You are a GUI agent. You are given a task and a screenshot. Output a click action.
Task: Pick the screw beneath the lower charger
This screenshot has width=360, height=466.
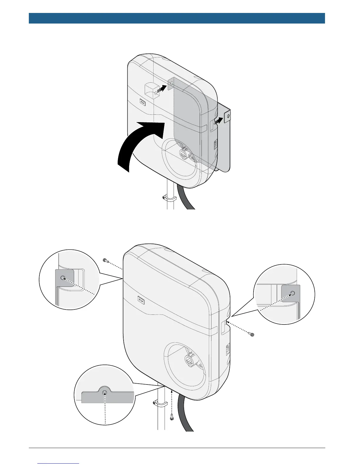[171, 417]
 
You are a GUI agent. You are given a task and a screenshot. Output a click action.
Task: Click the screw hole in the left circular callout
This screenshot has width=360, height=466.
[62, 278]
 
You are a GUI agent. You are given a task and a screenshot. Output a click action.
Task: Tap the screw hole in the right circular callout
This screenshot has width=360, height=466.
[292, 293]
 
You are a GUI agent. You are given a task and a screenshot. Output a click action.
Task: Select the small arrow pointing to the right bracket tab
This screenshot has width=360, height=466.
[218, 121]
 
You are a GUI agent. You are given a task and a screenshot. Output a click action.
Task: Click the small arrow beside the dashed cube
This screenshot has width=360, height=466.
[161, 89]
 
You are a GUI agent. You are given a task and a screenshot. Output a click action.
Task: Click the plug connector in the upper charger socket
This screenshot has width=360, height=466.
[184, 153]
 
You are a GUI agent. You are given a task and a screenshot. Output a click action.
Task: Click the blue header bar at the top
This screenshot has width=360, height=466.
[176, 18]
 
